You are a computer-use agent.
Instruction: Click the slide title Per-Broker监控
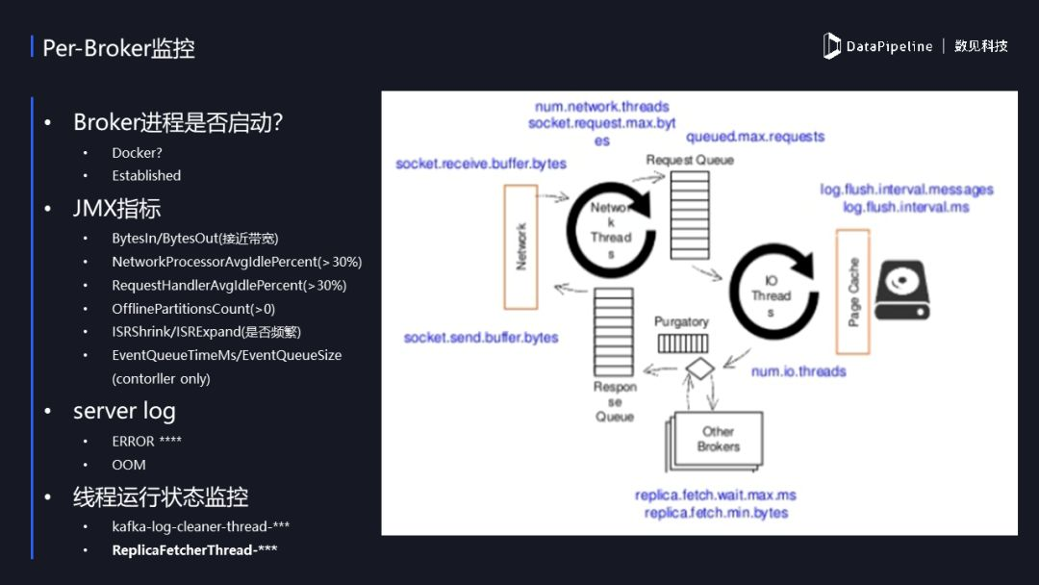coord(119,47)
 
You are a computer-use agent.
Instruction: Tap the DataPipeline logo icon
coord(832,46)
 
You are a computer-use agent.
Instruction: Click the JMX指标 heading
coord(116,209)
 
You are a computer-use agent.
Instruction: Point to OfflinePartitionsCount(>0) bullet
coord(193,309)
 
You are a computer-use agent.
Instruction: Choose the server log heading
coord(124,411)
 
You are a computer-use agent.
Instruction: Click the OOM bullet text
coord(129,465)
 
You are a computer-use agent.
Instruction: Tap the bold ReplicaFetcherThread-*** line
coord(194,550)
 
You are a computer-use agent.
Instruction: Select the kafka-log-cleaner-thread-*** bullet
coord(200,526)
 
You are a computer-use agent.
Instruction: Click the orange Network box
coord(520,246)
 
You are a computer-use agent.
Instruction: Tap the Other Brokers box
coord(718,440)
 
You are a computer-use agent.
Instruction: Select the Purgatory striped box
coord(682,343)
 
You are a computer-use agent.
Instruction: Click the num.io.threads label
coord(798,371)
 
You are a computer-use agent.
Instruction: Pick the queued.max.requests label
coord(755,137)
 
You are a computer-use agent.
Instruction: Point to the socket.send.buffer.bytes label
coord(481,338)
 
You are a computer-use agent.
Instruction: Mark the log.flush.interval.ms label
coord(906,207)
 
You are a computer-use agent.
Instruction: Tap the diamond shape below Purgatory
coord(697,368)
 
